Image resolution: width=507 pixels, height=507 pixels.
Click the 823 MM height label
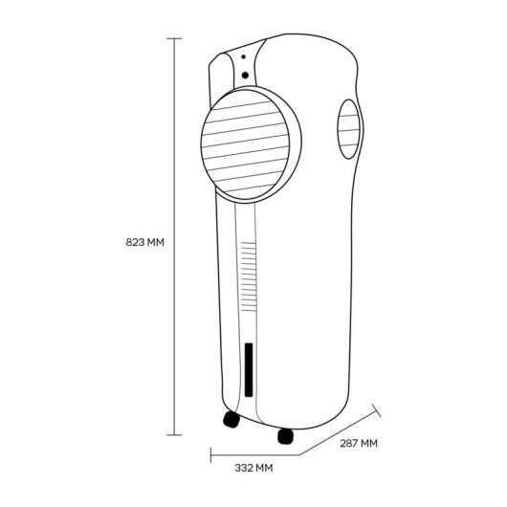(144, 242)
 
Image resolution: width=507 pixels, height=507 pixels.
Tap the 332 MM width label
(253, 468)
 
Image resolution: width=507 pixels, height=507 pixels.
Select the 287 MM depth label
(359, 443)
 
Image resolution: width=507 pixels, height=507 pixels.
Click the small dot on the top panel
(243, 56)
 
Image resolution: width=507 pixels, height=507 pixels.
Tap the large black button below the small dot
(245, 76)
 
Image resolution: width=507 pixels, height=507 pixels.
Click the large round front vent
(245, 144)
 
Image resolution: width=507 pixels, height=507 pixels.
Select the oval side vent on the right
(348, 129)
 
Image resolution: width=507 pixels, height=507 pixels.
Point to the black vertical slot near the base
(249, 369)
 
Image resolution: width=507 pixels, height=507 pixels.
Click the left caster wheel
(231, 419)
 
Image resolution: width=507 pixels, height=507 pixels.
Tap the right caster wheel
(286, 436)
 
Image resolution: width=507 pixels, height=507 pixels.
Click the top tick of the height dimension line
(174, 38)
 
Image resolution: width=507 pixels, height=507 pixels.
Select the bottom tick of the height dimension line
(174, 435)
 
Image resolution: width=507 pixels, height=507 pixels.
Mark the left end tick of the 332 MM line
(210, 455)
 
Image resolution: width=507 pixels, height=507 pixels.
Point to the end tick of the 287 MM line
(376, 410)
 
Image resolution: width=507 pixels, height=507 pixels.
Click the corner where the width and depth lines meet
(300, 455)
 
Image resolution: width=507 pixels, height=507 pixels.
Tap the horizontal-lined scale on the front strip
(250, 276)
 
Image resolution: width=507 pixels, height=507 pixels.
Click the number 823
(135, 242)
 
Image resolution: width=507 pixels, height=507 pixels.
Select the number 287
(348, 443)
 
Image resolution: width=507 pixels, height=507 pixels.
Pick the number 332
(244, 468)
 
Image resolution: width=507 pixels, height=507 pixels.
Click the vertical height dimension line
(174, 236)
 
